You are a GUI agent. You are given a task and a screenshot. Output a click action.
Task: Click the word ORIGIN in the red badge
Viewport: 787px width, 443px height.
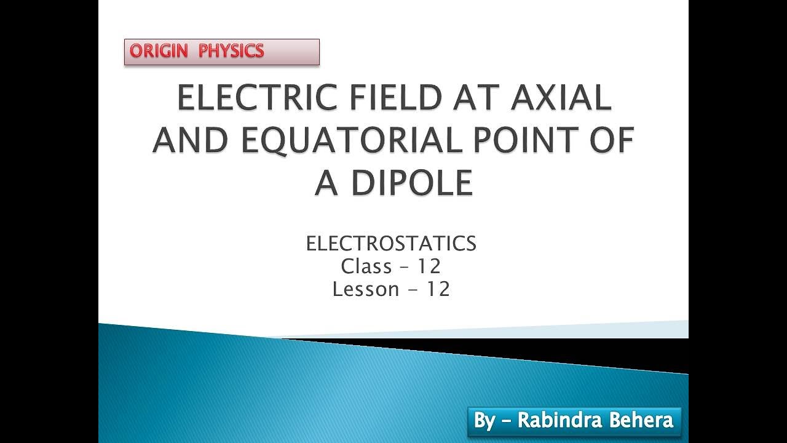[x=159, y=52]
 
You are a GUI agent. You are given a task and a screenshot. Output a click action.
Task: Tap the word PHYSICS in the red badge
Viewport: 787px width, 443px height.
[x=231, y=52]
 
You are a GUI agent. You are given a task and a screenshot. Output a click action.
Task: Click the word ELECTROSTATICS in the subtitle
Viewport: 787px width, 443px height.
[x=391, y=244]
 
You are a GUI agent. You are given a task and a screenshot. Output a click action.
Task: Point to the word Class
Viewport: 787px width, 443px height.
[x=366, y=266]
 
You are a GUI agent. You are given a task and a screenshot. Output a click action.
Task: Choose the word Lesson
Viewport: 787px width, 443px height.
[x=366, y=289]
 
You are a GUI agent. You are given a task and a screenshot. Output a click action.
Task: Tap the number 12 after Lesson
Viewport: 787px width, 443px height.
[x=437, y=289]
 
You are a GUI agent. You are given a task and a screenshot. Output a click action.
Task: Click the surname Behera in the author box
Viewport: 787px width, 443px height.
[x=641, y=421]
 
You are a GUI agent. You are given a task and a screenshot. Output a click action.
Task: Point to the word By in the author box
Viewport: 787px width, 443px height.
[x=484, y=421]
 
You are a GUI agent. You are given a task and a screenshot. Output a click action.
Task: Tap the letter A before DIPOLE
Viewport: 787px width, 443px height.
[x=326, y=183]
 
